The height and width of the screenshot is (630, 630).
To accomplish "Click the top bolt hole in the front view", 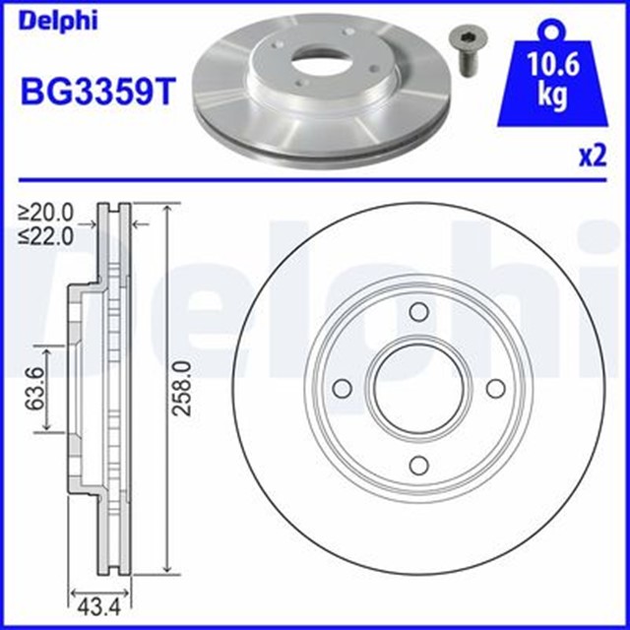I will coord(417,313).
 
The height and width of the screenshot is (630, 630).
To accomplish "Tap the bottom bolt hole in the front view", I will coord(417,467).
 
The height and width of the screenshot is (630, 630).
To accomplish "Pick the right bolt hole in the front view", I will coord(494,390).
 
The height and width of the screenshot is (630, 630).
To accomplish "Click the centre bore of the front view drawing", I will coord(417,390).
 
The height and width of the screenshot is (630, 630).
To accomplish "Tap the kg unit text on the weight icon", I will coord(550,98).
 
